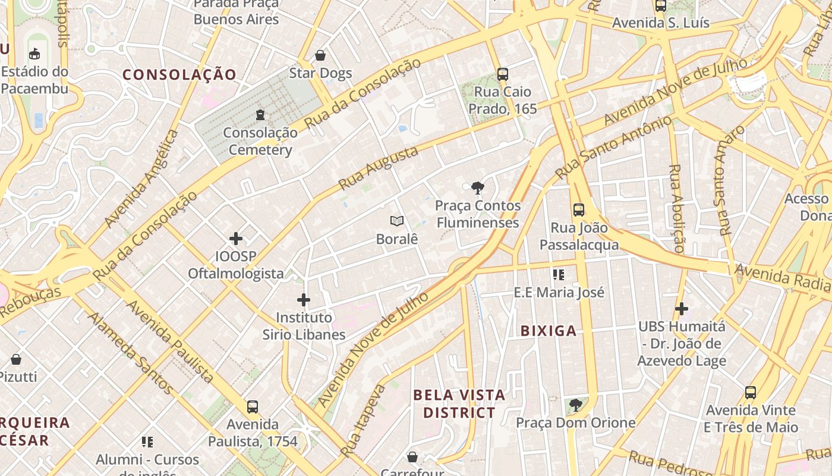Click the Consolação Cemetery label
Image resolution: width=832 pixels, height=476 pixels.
260,142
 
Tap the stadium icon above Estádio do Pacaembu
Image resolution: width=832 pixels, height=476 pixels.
34,54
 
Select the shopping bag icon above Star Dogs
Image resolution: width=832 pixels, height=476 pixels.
320,56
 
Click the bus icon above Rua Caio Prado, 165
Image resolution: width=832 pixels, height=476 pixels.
503,74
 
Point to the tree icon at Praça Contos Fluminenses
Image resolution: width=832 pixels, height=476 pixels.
477,189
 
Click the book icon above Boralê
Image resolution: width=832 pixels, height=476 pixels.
397,221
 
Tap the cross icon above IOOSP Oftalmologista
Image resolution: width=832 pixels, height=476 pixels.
236,239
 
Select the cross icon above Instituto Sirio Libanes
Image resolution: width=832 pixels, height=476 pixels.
304,300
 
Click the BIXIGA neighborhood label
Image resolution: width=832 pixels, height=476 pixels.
549,331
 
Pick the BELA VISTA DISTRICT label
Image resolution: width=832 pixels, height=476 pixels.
459,403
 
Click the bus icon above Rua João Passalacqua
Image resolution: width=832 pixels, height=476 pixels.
579,210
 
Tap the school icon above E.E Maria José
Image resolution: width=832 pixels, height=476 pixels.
559,274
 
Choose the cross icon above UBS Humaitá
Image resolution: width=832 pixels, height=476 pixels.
682,309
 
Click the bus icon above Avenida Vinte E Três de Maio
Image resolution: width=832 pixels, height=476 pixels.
751,393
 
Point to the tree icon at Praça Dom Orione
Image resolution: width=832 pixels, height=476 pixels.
575,405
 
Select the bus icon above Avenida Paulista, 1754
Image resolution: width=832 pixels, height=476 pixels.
253,407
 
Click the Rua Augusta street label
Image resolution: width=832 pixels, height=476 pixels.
378,168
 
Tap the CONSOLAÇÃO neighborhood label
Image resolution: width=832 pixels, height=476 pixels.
179,74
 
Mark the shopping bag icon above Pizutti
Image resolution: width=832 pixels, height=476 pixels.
16,359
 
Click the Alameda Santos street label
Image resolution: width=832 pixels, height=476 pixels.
131,353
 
